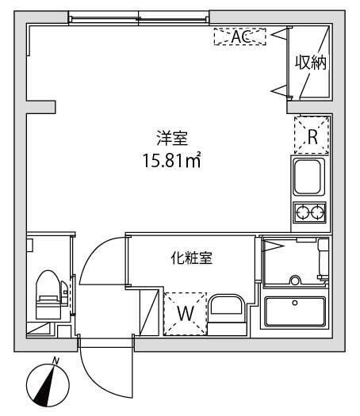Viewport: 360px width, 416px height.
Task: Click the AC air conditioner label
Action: (240, 36)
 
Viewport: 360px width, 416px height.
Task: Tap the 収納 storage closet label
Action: (311, 62)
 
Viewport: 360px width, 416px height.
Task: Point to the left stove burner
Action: (302, 212)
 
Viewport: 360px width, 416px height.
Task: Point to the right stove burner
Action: (318, 212)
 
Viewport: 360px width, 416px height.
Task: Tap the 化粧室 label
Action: (190, 258)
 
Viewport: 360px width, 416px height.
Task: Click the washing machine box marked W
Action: (185, 312)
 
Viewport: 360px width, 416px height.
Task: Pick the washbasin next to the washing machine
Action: (228, 311)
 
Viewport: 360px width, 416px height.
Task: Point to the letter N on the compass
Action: (55, 361)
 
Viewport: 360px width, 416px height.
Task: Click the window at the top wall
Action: (139, 17)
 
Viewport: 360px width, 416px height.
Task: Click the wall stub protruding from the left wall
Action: (41, 105)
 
